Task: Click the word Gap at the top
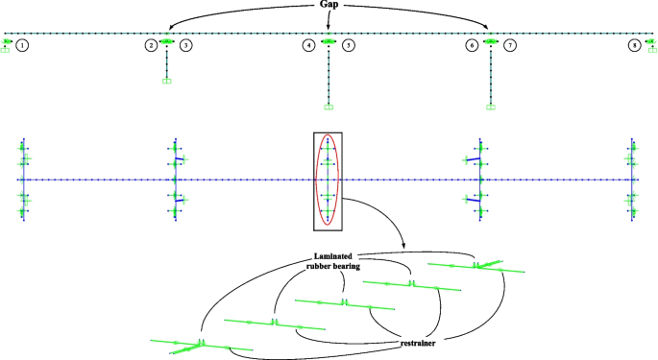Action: (x=329, y=6)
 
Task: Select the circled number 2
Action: (x=151, y=45)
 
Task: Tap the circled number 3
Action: (x=185, y=45)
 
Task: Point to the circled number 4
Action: (x=308, y=45)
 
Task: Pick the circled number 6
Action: (x=472, y=45)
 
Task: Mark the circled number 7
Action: (x=510, y=45)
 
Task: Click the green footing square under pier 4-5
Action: (x=329, y=107)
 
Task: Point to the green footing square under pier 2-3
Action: (x=167, y=82)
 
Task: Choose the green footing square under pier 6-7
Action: (x=491, y=107)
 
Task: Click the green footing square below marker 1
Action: (x=6, y=50)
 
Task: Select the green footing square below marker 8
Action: (x=652, y=50)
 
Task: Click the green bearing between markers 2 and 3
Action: (x=167, y=42)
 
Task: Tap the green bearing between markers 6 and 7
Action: (x=491, y=42)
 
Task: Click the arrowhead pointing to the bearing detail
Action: (x=402, y=249)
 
